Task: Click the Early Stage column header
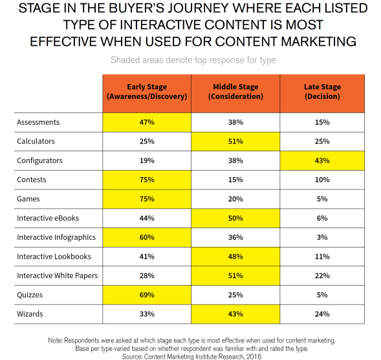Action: click(x=147, y=92)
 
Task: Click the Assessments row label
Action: click(x=38, y=122)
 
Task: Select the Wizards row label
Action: click(x=30, y=314)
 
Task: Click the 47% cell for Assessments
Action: click(x=147, y=122)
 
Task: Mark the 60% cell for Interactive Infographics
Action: click(x=147, y=237)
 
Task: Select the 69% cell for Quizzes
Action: click(x=147, y=295)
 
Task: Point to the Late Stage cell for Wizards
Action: click(x=323, y=314)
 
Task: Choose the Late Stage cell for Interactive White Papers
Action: click(x=323, y=276)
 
